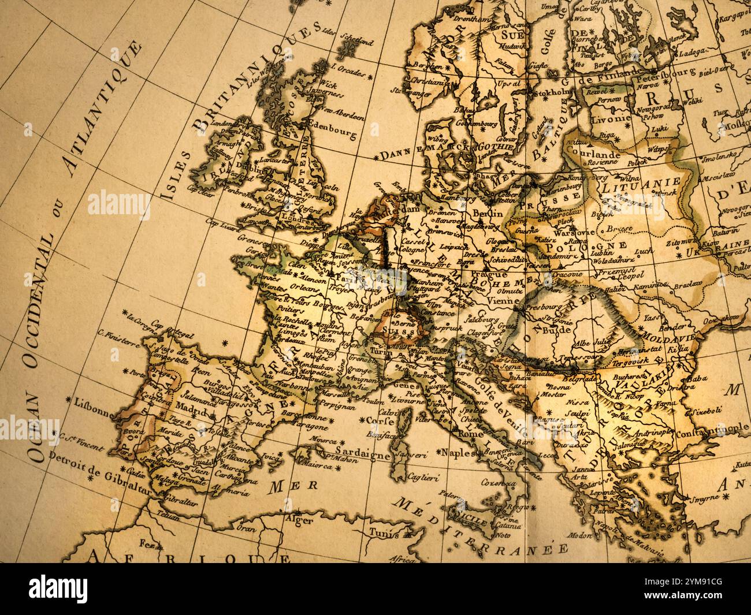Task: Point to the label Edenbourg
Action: [332, 129]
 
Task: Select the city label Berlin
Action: [488, 213]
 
